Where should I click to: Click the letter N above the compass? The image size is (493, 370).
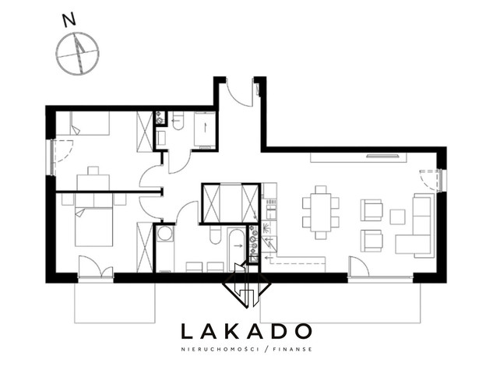(x=69, y=19)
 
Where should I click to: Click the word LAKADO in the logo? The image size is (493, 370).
(x=246, y=331)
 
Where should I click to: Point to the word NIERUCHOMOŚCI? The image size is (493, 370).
(x=220, y=349)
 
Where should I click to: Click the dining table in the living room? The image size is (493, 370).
(x=321, y=213)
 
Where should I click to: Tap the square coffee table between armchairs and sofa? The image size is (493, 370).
(x=398, y=217)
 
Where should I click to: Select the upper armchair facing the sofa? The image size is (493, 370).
(x=372, y=210)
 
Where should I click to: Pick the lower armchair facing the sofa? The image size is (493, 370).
(x=372, y=241)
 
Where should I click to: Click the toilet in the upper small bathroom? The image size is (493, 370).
(x=178, y=121)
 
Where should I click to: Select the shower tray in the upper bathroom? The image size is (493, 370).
(x=205, y=129)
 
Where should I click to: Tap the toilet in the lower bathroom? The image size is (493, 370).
(x=215, y=234)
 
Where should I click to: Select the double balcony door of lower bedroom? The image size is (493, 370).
(x=96, y=267)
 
